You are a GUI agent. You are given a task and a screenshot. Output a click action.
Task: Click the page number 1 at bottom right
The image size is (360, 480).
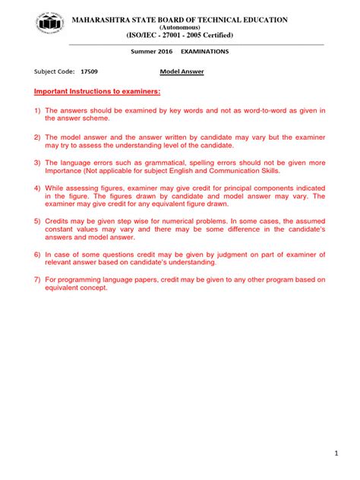point(335,453)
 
